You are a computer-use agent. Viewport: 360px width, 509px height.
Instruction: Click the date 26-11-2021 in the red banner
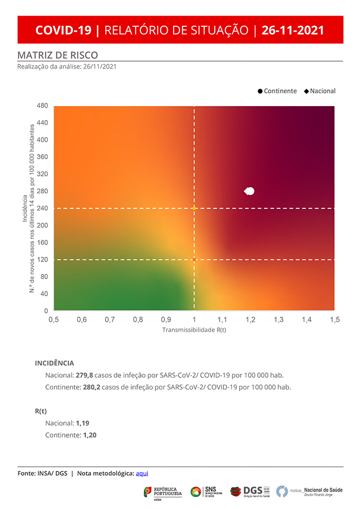(x=292, y=30)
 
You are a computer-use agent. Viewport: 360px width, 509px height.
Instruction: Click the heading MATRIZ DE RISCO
(x=57, y=55)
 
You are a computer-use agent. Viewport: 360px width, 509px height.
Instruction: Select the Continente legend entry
(x=277, y=91)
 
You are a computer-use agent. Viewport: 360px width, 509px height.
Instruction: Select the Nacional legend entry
(x=320, y=91)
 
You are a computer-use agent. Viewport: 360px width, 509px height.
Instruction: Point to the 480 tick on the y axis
(x=43, y=106)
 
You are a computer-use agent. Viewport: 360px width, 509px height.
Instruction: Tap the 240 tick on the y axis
(x=43, y=208)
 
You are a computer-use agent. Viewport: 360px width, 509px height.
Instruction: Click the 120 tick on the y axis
(x=43, y=260)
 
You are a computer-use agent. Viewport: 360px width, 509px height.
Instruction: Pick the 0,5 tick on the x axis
(x=54, y=320)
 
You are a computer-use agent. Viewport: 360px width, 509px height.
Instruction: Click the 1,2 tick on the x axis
(x=250, y=320)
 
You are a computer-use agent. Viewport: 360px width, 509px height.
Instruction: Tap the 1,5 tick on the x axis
(x=334, y=320)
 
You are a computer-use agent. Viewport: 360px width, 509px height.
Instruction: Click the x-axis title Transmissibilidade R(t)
(x=194, y=330)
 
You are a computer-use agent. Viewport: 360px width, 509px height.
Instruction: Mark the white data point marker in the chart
(x=249, y=191)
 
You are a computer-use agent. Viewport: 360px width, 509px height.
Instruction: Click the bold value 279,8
(x=85, y=375)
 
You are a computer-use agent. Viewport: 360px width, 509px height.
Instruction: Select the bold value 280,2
(x=91, y=387)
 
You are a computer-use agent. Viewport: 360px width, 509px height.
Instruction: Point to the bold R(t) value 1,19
(x=82, y=423)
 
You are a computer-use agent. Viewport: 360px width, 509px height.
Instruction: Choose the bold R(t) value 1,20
(x=89, y=435)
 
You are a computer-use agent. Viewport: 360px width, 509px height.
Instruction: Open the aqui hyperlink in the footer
(x=142, y=473)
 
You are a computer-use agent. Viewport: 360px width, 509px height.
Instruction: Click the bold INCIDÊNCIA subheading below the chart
(x=54, y=363)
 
